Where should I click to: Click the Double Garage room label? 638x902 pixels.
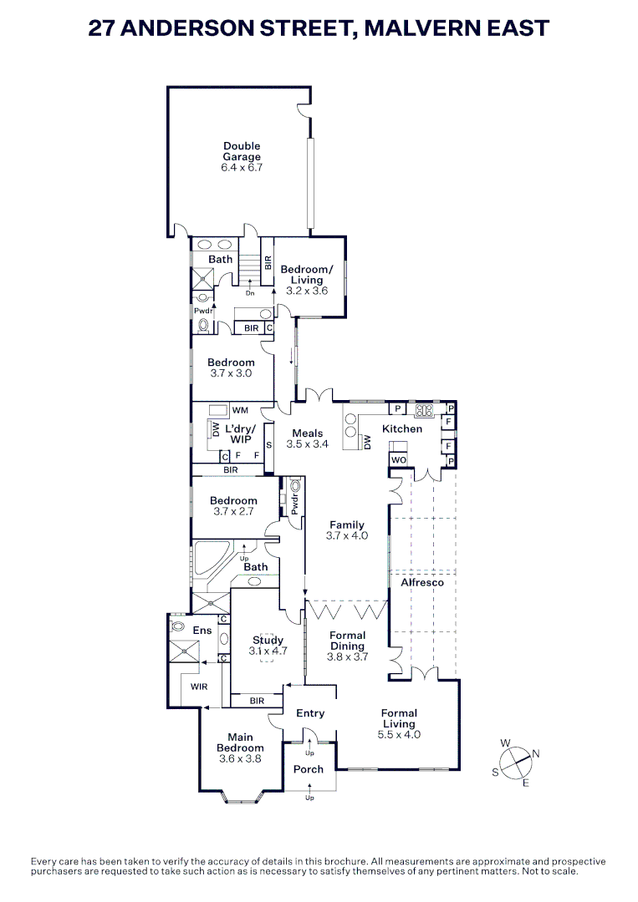coord(242,151)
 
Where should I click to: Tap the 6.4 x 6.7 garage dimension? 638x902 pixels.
coord(242,167)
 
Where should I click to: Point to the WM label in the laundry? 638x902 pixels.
coord(241,410)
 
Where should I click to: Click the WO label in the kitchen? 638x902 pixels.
coord(398,460)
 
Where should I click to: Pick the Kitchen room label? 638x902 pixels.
coord(402,428)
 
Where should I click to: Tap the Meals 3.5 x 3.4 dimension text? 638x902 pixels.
coord(307,444)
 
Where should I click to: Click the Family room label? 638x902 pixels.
coord(346,525)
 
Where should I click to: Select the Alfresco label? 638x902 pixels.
coord(422,581)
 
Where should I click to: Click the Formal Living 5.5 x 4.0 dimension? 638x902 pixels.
coord(400,735)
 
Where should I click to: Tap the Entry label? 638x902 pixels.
coord(309,713)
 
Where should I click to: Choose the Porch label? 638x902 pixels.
coord(308,769)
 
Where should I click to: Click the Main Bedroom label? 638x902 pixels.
coord(240,742)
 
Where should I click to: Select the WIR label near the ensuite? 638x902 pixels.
coord(199,687)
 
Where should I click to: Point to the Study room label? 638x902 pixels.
coord(268,641)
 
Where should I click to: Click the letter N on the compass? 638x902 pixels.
coord(536,754)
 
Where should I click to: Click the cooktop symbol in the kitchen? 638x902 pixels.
coord(423,410)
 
